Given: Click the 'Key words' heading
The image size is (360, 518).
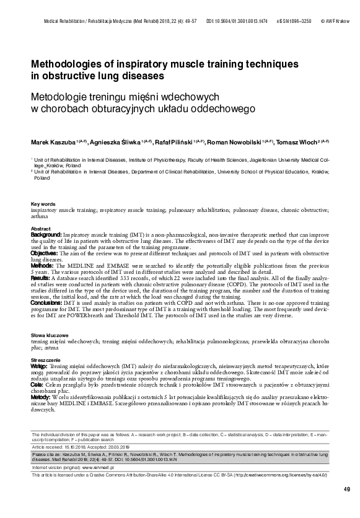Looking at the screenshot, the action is click(43, 204).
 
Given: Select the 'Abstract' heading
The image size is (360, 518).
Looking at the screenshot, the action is click(40, 229).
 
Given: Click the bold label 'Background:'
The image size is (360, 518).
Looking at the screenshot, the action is click(46, 235).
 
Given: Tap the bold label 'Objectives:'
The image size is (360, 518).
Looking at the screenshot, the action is click(45, 253).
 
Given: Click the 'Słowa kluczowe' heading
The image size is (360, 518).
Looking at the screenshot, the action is click(48, 334).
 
